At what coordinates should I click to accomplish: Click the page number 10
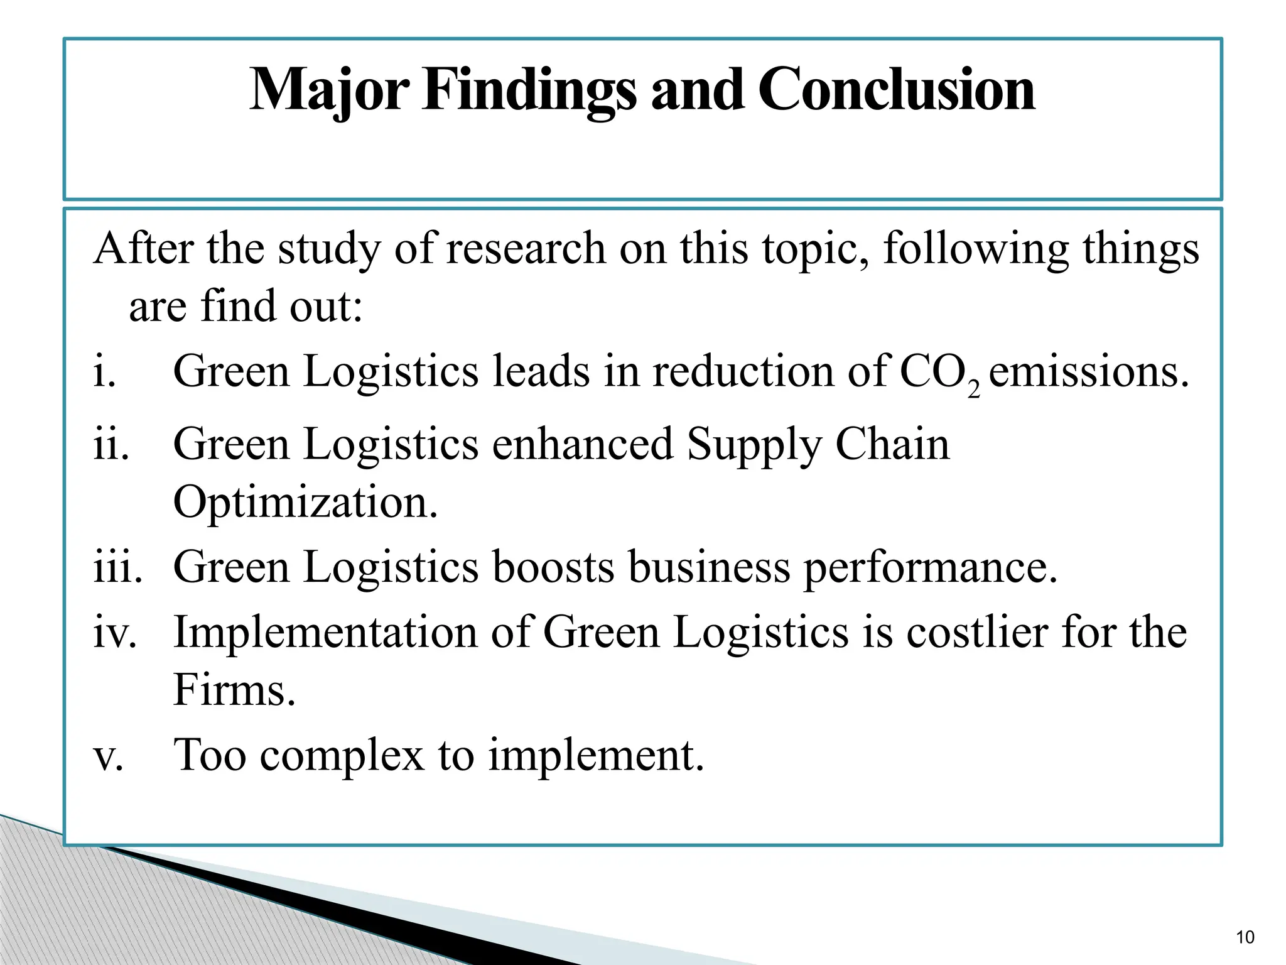click(x=1245, y=937)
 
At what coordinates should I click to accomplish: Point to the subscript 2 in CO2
click(x=974, y=390)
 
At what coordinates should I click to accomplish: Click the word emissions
click(x=1088, y=371)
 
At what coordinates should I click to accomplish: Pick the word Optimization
click(x=305, y=503)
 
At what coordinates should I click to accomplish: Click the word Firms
click(x=234, y=690)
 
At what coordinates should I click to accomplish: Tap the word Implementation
click(x=325, y=632)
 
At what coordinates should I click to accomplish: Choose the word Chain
click(x=892, y=445)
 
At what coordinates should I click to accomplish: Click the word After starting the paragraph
click(x=143, y=248)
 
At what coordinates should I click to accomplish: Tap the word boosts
click(x=553, y=567)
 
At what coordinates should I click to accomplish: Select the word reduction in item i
click(x=743, y=371)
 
